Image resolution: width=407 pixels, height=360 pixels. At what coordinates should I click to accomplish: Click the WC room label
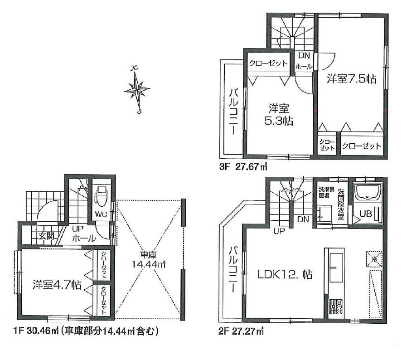click(101, 214)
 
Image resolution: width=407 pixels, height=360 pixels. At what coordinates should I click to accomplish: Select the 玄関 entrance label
click(45, 236)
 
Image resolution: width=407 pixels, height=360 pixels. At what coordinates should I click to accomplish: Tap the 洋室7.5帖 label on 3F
click(351, 79)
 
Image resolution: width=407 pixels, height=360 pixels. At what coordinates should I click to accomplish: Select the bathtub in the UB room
click(368, 195)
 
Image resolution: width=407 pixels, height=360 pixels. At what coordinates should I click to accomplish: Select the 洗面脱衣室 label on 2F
click(341, 204)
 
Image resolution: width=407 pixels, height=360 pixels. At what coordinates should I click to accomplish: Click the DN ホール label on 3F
click(303, 60)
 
